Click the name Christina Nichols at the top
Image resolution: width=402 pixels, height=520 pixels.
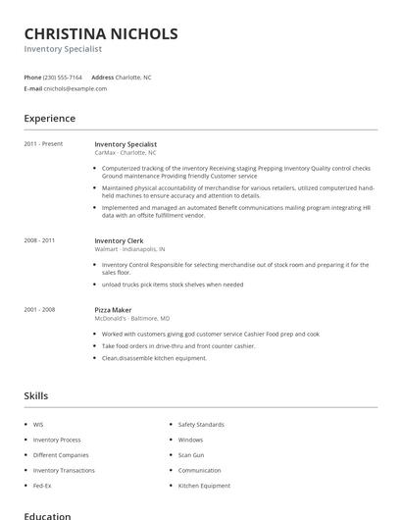point(101,33)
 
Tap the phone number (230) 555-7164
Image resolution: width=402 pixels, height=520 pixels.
point(63,77)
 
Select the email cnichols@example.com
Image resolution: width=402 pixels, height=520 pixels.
point(75,88)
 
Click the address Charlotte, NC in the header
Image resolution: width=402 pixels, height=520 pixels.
point(134,77)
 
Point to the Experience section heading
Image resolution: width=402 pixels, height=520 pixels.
point(49,119)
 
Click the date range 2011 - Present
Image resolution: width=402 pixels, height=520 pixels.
point(43,144)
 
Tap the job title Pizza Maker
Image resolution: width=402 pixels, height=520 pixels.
point(113,309)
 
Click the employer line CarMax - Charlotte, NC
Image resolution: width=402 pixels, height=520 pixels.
point(126,152)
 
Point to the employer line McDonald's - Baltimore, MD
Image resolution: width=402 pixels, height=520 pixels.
point(132,318)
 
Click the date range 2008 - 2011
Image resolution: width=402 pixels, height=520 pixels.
point(39,240)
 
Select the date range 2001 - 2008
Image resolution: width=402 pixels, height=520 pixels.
point(39,309)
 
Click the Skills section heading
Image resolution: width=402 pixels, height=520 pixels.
point(35,395)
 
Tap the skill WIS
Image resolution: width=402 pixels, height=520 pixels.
point(38,425)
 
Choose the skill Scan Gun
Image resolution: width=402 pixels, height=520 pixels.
point(191,455)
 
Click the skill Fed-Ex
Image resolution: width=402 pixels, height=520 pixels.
point(41,486)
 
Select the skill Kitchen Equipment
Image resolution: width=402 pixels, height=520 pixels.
point(203,486)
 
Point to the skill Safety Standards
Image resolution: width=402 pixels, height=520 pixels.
point(201,425)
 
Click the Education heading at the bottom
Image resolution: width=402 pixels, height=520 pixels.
point(47,515)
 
